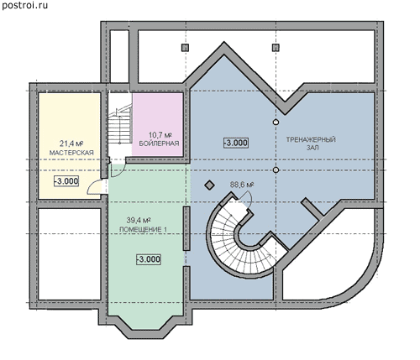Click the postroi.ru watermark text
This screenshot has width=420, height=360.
pos(24,5)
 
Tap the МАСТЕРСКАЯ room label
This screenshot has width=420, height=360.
pos(71,153)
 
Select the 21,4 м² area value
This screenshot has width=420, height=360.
pos(71,143)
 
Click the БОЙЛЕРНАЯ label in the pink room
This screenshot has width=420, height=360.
pos(159,143)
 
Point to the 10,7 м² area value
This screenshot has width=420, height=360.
pos(159,135)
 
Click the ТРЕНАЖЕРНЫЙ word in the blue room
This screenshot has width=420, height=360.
pos(311,139)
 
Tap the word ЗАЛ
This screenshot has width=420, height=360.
pos(312,148)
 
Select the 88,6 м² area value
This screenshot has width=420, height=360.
pos(242,185)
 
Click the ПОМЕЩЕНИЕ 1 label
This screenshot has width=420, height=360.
pos(144,229)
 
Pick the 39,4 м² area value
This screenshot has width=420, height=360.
pos(139,220)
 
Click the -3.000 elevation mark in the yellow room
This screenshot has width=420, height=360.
pos(66,181)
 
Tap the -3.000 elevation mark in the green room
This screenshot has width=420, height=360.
pos(149,259)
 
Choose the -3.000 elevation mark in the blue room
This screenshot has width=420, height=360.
pos(236,143)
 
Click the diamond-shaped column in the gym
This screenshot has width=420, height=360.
pos(209,185)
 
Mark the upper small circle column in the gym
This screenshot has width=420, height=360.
pos(276,122)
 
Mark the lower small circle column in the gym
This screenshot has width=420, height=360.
pos(276,170)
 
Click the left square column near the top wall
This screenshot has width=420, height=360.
pos(185,48)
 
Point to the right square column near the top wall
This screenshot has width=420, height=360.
pos(276,48)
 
